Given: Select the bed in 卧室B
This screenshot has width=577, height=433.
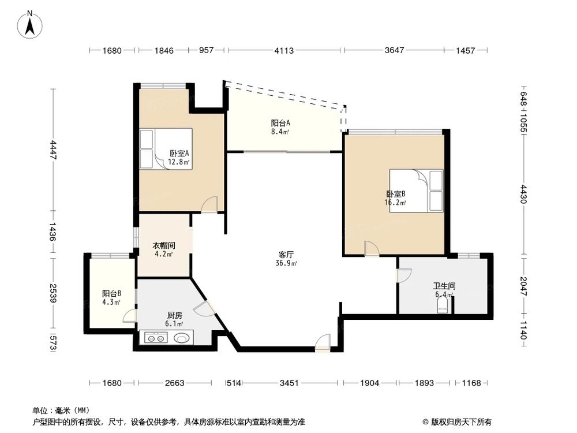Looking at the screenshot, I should pyautogui.click(x=416, y=191).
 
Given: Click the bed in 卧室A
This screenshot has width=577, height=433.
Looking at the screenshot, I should pyautogui.click(x=165, y=148).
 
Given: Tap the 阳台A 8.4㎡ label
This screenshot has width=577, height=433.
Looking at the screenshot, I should pyautogui.click(x=280, y=127).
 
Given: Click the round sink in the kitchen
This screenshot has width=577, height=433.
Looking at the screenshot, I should pyautogui.click(x=183, y=339).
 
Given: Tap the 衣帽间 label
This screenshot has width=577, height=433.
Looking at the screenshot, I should pyautogui.click(x=164, y=249).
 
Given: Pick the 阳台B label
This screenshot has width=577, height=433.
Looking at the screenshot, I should pyautogui.click(x=111, y=297).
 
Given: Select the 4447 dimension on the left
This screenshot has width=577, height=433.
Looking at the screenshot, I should pyautogui.click(x=53, y=151).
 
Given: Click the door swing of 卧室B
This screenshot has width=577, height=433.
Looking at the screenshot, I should pyautogui.click(x=371, y=248).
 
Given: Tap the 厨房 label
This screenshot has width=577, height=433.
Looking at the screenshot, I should pyautogui.click(x=175, y=319).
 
